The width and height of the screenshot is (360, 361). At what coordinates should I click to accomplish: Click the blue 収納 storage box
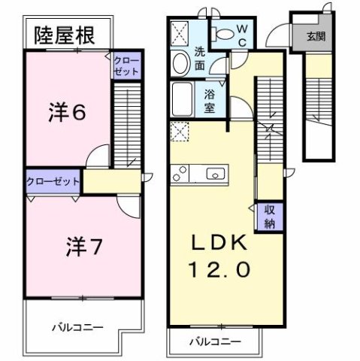pos(268,217)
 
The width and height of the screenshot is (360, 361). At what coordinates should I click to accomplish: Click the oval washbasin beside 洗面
pos(180,64)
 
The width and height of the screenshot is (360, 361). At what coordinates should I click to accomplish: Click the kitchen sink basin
pos(214,174)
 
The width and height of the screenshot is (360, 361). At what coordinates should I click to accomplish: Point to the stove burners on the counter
pos(181,174)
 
